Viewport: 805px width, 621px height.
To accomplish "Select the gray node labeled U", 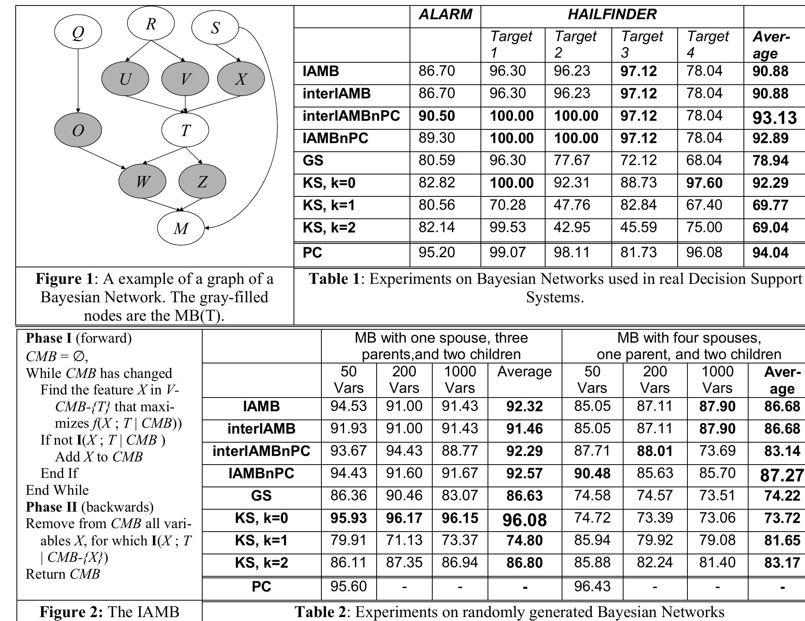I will tap(125, 79).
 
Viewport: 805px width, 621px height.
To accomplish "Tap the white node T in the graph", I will tap(185, 130).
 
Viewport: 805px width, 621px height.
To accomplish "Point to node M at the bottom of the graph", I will tap(181, 228).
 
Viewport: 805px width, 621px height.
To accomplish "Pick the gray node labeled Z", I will tap(202, 182).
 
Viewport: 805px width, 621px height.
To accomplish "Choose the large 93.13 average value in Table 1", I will tap(774, 117).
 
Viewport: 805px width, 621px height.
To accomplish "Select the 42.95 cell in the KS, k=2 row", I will tap(572, 227).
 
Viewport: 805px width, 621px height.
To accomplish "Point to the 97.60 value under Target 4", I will tap(704, 183).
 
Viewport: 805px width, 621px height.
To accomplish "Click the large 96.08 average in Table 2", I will tap(524, 520).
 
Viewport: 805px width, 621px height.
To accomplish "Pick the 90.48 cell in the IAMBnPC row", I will tap(592, 474).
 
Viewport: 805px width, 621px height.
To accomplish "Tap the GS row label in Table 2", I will tap(261, 496).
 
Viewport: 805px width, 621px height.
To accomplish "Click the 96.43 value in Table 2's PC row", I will tap(592, 586).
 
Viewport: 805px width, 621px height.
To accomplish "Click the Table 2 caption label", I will tap(320, 612).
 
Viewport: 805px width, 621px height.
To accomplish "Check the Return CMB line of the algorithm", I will tap(63, 574).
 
